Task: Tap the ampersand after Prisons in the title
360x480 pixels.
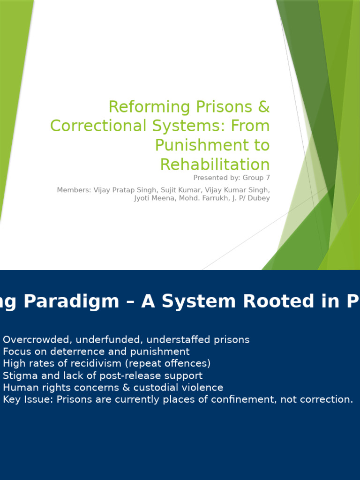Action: pyautogui.click(x=264, y=107)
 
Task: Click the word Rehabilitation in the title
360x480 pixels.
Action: pyautogui.click(x=215, y=165)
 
